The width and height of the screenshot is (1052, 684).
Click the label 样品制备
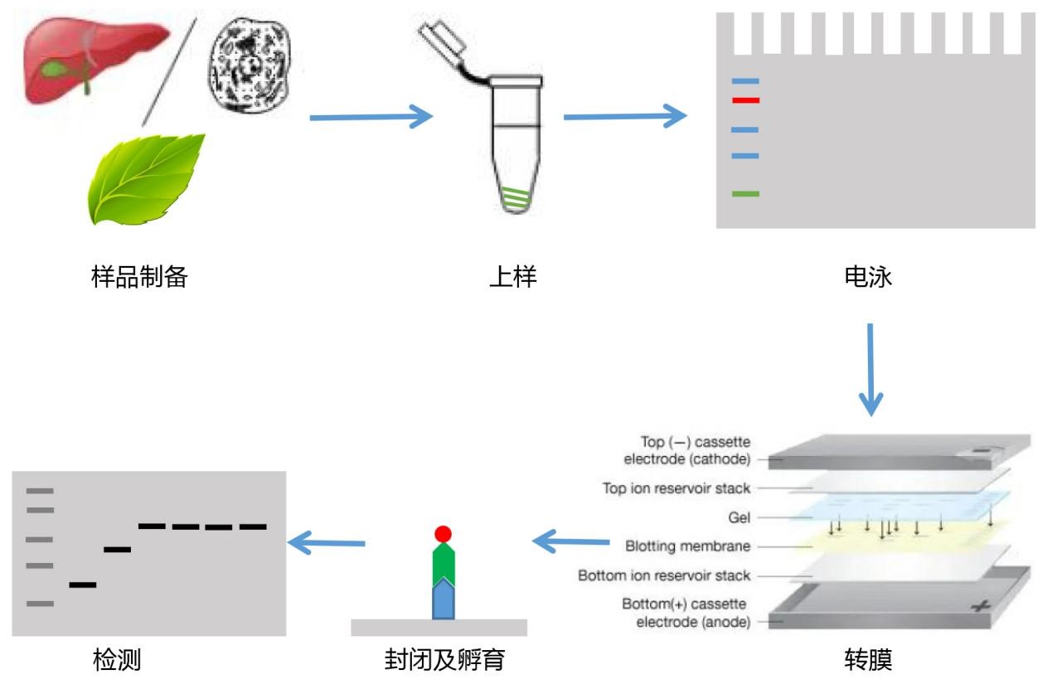139,276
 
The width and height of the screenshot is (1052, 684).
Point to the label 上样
512,276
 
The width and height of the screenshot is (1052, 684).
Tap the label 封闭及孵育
444,660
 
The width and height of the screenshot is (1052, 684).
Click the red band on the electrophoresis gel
746,100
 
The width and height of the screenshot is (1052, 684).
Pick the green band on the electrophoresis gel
746,194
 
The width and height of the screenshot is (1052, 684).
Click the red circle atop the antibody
444,533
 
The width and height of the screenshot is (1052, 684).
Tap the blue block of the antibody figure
444,600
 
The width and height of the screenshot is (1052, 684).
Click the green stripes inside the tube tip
516,198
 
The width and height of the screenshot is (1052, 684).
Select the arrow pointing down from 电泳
870,369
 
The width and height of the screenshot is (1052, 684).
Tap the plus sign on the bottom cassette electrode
982,608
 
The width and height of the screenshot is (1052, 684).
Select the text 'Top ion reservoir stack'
676,488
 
